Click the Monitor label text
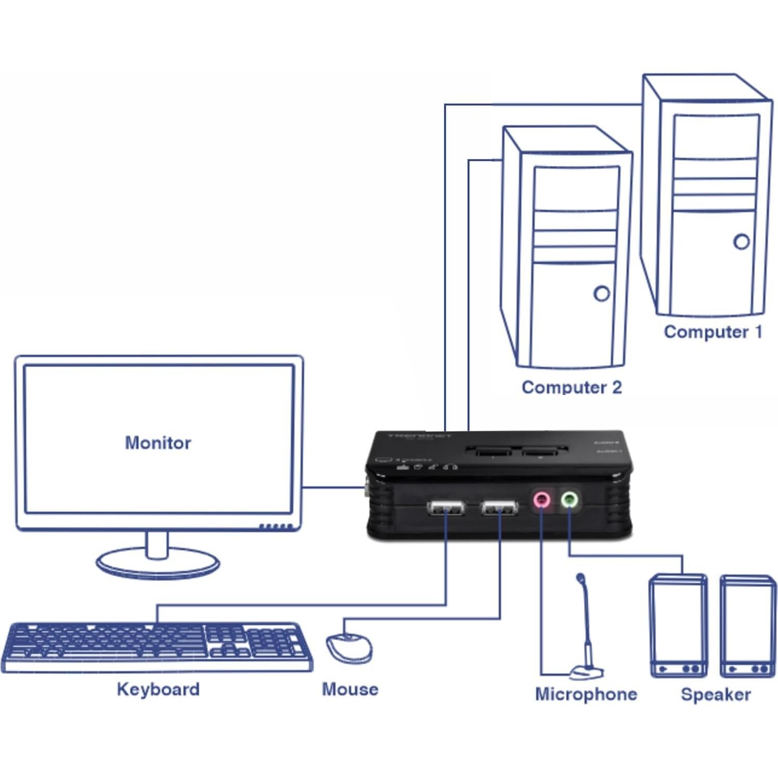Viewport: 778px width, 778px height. coord(158,443)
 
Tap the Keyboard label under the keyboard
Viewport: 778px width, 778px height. coord(158,689)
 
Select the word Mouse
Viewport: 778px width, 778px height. coord(350,689)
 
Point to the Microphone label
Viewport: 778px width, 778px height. coord(586,694)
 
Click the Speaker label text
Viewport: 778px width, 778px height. coord(716,694)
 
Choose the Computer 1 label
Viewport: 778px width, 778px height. coord(713,332)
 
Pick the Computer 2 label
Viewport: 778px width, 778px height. coord(572,387)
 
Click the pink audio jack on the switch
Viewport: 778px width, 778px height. coord(542,500)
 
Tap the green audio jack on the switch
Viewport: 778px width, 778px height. coord(570,500)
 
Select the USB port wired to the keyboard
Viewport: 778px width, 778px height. coord(446,508)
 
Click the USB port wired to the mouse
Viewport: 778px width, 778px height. coord(500,508)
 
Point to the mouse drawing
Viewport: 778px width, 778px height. coord(348,647)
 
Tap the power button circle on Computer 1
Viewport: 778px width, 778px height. coord(742,241)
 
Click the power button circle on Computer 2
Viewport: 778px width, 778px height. coord(602,294)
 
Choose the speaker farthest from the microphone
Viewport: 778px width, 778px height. coord(748,626)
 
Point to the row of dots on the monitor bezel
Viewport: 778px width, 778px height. coord(276,527)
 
